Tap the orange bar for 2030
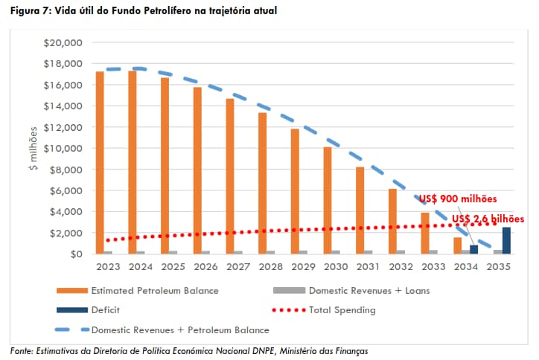328,200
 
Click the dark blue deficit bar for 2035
507,240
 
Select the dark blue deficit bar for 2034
473,249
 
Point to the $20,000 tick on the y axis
63,42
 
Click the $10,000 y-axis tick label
63,148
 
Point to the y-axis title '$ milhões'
33,148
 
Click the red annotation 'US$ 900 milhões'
457,199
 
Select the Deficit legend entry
106,310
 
